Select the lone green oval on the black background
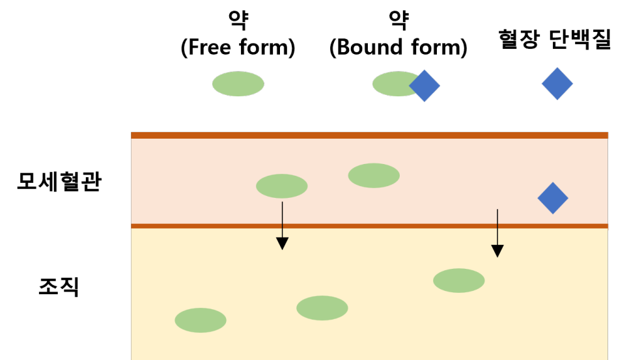tap(238, 84)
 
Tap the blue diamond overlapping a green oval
tap(425, 86)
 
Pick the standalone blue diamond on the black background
tap(557, 84)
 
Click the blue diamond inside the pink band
tap(553, 198)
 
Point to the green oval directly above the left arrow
tap(282, 186)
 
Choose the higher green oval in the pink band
tap(374, 176)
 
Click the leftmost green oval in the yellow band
tap(201, 320)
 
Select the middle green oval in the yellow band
tap(322, 308)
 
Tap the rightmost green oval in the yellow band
tap(459, 281)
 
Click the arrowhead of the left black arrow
tap(282, 243)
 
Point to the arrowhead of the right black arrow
tap(497, 251)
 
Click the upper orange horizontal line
tap(369, 135)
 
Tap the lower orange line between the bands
tap(391, 226)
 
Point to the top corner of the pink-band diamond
tap(553, 184)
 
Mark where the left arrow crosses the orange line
tap(282, 226)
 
